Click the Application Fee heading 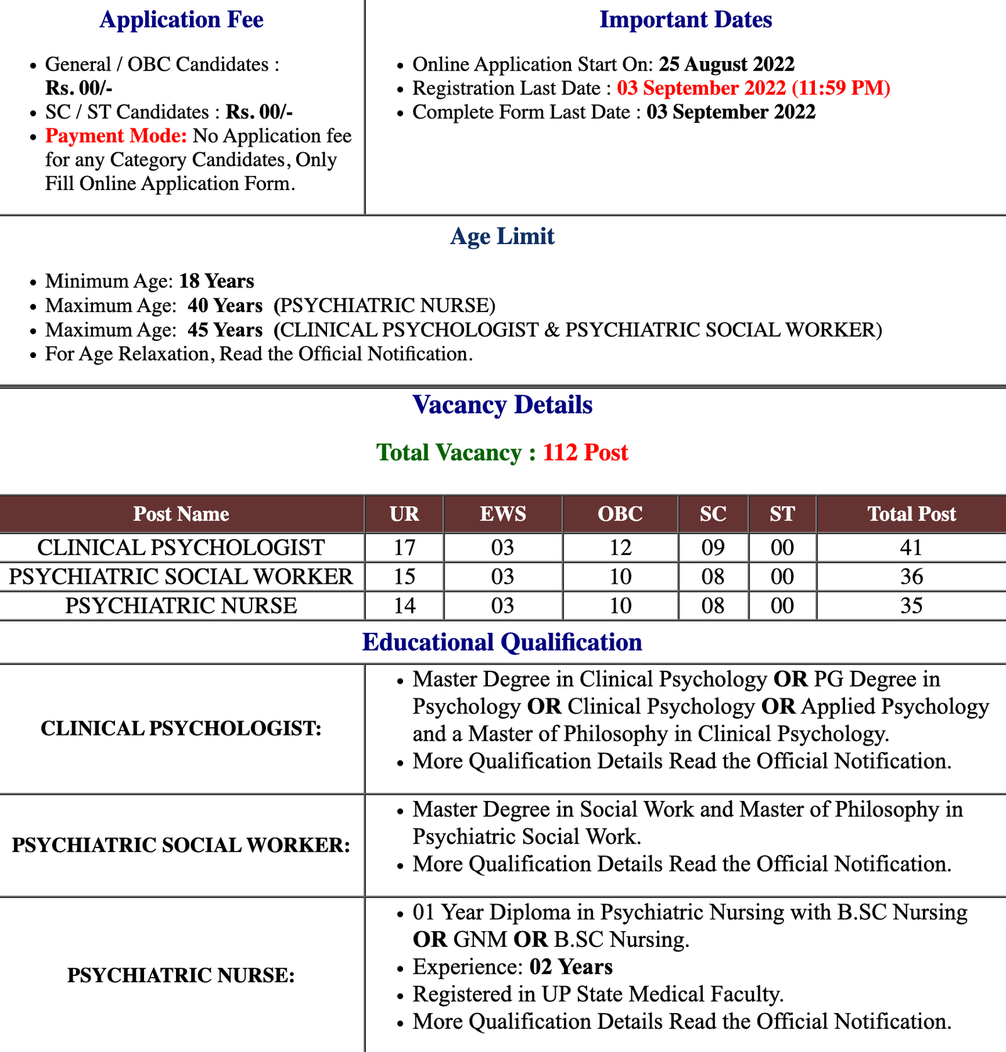click(x=181, y=20)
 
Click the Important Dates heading click(x=685, y=20)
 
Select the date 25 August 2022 click(x=726, y=64)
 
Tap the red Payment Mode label click(x=116, y=136)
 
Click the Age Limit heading click(x=502, y=236)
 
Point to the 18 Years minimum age click(x=216, y=281)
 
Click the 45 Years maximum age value click(x=224, y=330)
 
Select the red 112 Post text click(x=585, y=452)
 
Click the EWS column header click(x=503, y=514)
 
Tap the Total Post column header click(x=911, y=514)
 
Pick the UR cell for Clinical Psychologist click(x=404, y=547)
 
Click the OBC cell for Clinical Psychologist click(x=620, y=547)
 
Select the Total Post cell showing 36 click(x=911, y=576)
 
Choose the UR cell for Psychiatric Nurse click(x=404, y=605)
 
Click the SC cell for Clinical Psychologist click(x=713, y=547)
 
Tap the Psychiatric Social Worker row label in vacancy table click(x=181, y=576)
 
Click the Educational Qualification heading click(x=502, y=642)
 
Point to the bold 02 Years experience click(x=571, y=966)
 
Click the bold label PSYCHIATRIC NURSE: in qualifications click(x=181, y=975)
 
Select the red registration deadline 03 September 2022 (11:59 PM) click(x=753, y=88)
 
